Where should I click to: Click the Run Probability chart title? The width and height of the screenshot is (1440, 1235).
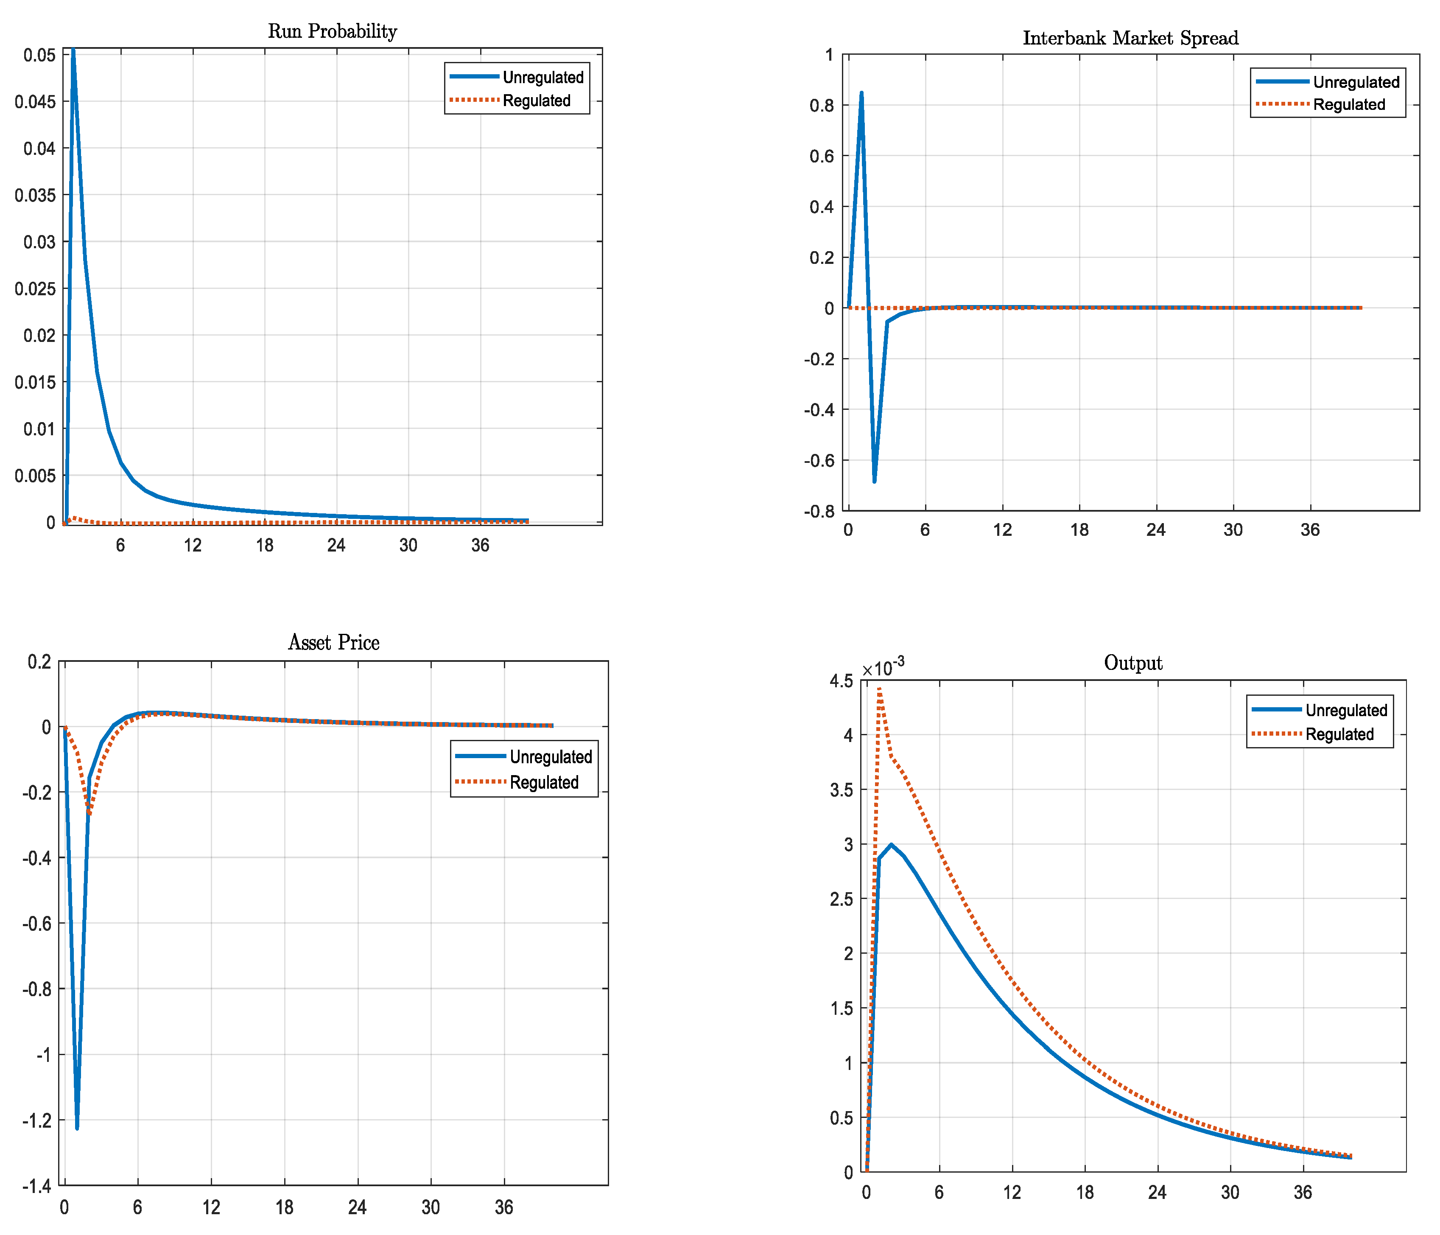[332, 31]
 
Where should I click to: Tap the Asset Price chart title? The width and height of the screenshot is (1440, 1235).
[333, 642]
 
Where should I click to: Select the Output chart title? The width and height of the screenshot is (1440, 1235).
[1133, 663]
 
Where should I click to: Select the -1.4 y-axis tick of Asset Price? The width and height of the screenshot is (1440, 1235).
[37, 1186]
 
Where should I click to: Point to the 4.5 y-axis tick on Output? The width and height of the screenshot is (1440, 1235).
[841, 681]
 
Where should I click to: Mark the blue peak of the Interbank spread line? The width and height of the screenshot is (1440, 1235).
[861, 92]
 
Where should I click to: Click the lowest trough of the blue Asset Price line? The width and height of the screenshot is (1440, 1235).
[77, 1128]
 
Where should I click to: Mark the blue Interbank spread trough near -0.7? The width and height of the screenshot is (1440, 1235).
[874, 481]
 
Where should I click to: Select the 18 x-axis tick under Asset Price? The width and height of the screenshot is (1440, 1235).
[284, 1207]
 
